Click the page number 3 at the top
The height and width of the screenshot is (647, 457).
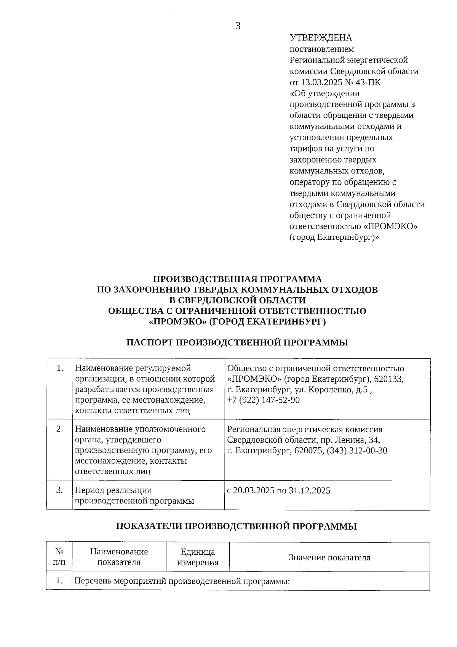click(238, 26)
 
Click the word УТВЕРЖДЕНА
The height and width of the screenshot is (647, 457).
click(321, 38)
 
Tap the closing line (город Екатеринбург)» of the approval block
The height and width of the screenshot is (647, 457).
click(334, 237)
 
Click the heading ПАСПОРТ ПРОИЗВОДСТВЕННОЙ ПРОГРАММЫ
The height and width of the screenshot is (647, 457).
click(237, 342)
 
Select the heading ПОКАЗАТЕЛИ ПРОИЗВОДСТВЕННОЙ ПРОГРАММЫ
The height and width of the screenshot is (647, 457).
click(236, 526)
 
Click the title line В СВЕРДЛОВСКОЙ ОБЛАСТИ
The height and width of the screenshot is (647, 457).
click(237, 300)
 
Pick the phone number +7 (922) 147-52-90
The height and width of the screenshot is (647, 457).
click(263, 400)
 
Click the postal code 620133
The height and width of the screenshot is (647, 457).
click(389, 379)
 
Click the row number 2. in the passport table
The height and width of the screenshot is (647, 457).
click(59, 429)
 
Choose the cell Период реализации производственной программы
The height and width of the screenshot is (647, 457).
click(134, 495)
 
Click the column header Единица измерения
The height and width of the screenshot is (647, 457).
click(198, 557)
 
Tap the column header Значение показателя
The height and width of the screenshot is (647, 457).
click(329, 557)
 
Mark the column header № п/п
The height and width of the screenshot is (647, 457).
click(59, 557)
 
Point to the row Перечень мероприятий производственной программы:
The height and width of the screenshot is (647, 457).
click(182, 581)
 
